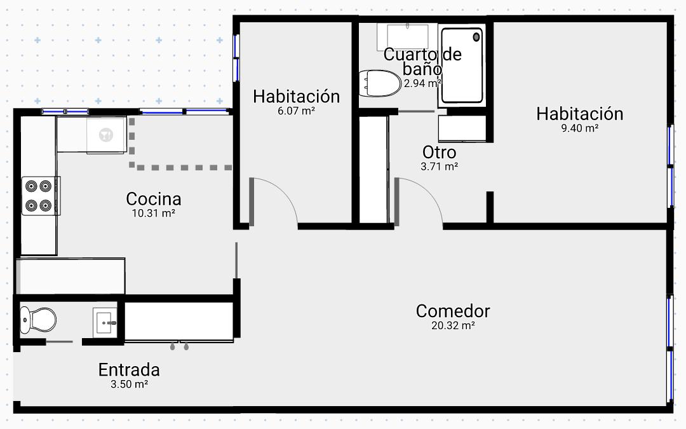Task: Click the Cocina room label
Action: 154,199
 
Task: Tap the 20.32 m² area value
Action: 454,325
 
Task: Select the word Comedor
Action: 453,311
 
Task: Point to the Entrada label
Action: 129,370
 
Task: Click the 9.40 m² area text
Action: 580,128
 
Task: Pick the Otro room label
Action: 440,153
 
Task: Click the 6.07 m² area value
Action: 297,111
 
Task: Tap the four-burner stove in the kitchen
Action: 40,196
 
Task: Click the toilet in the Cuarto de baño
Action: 380,83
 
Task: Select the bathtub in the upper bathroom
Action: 462,65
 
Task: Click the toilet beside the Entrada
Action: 37,320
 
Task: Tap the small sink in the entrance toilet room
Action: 105,323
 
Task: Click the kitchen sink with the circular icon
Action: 106,135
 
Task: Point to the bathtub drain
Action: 476,37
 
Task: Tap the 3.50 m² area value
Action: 129,385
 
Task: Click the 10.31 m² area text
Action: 154,214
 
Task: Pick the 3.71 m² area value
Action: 440,167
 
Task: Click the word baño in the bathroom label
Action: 422,69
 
